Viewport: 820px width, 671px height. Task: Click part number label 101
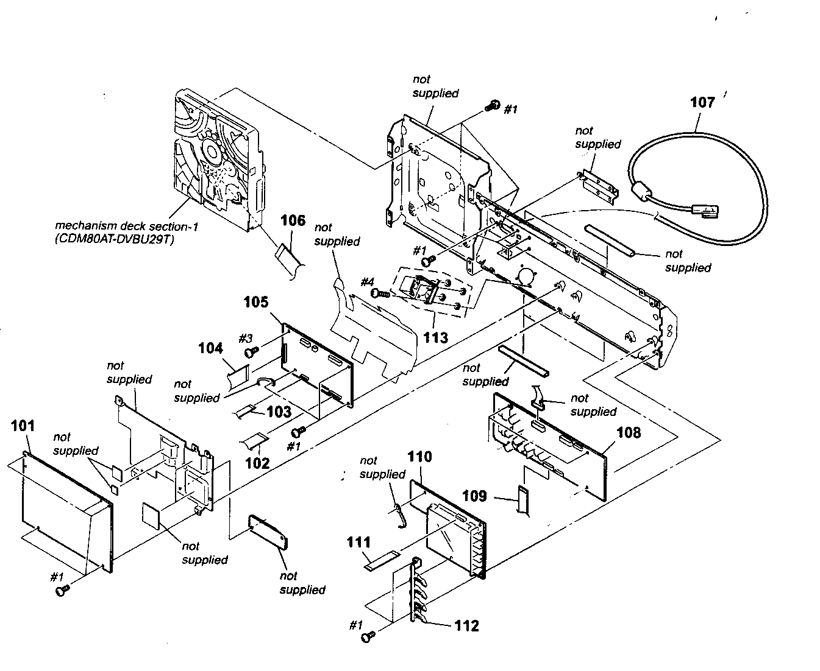[x=23, y=426]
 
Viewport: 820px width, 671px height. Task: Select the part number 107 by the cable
[x=702, y=102]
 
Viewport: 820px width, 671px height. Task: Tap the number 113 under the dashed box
[x=435, y=337]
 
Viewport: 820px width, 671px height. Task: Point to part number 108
[x=629, y=433]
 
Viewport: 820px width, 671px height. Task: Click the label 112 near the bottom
[x=466, y=626]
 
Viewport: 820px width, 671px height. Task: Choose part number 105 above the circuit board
[x=256, y=303]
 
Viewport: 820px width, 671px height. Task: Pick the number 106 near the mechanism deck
[x=293, y=220]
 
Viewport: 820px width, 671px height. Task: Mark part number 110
[x=419, y=457]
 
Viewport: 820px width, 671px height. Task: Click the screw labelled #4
[x=379, y=293]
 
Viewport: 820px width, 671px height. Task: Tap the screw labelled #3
[x=251, y=352]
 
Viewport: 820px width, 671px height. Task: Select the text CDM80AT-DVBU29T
[x=114, y=240]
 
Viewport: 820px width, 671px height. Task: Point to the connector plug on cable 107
[x=707, y=213]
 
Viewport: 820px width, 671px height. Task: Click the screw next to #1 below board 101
[x=61, y=590]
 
